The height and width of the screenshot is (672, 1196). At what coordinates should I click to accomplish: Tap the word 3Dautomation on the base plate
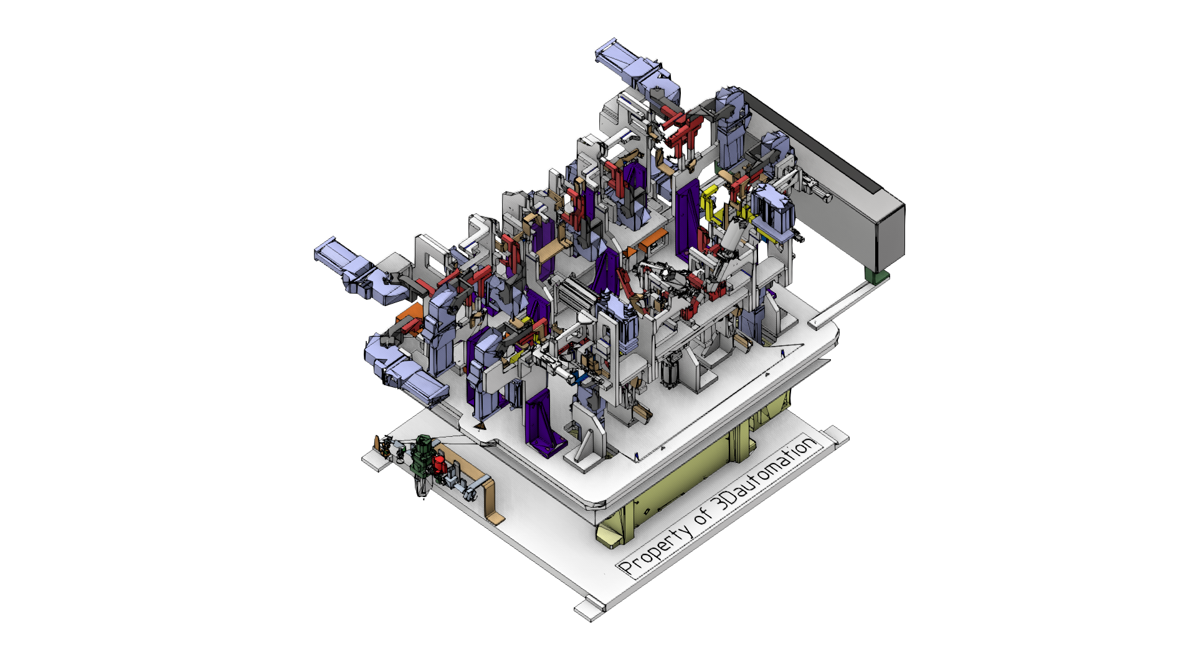click(764, 475)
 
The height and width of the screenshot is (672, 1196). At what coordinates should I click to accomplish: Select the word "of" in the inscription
click(703, 514)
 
